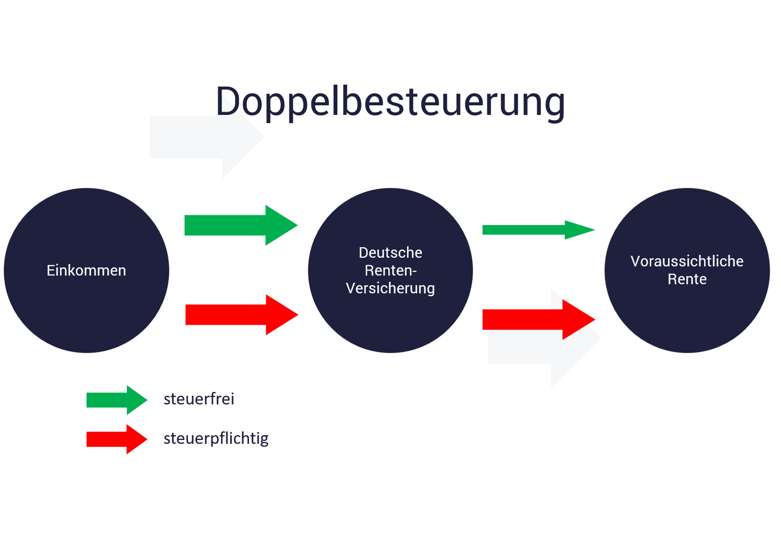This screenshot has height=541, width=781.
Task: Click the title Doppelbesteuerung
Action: [x=390, y=101]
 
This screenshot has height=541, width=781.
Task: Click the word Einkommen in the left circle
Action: [x=87, y=270]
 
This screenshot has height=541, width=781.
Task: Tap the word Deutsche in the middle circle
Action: [x=390, y=252]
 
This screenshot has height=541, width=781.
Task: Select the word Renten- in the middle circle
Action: [x=390, y=270]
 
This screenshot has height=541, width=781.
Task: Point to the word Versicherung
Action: [x=390, y=288]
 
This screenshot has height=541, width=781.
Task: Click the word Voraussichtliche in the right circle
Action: [x=687, y=261]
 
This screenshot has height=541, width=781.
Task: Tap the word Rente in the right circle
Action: [x=687, y=279]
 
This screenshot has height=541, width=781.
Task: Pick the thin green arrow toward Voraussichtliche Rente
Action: [x=529, y=230]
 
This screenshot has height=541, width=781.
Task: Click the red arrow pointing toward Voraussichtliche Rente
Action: [x=529, y=319]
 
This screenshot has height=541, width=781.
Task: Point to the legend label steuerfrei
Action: [x=198, y=399]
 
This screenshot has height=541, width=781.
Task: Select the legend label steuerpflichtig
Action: [x=216, y=438]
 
